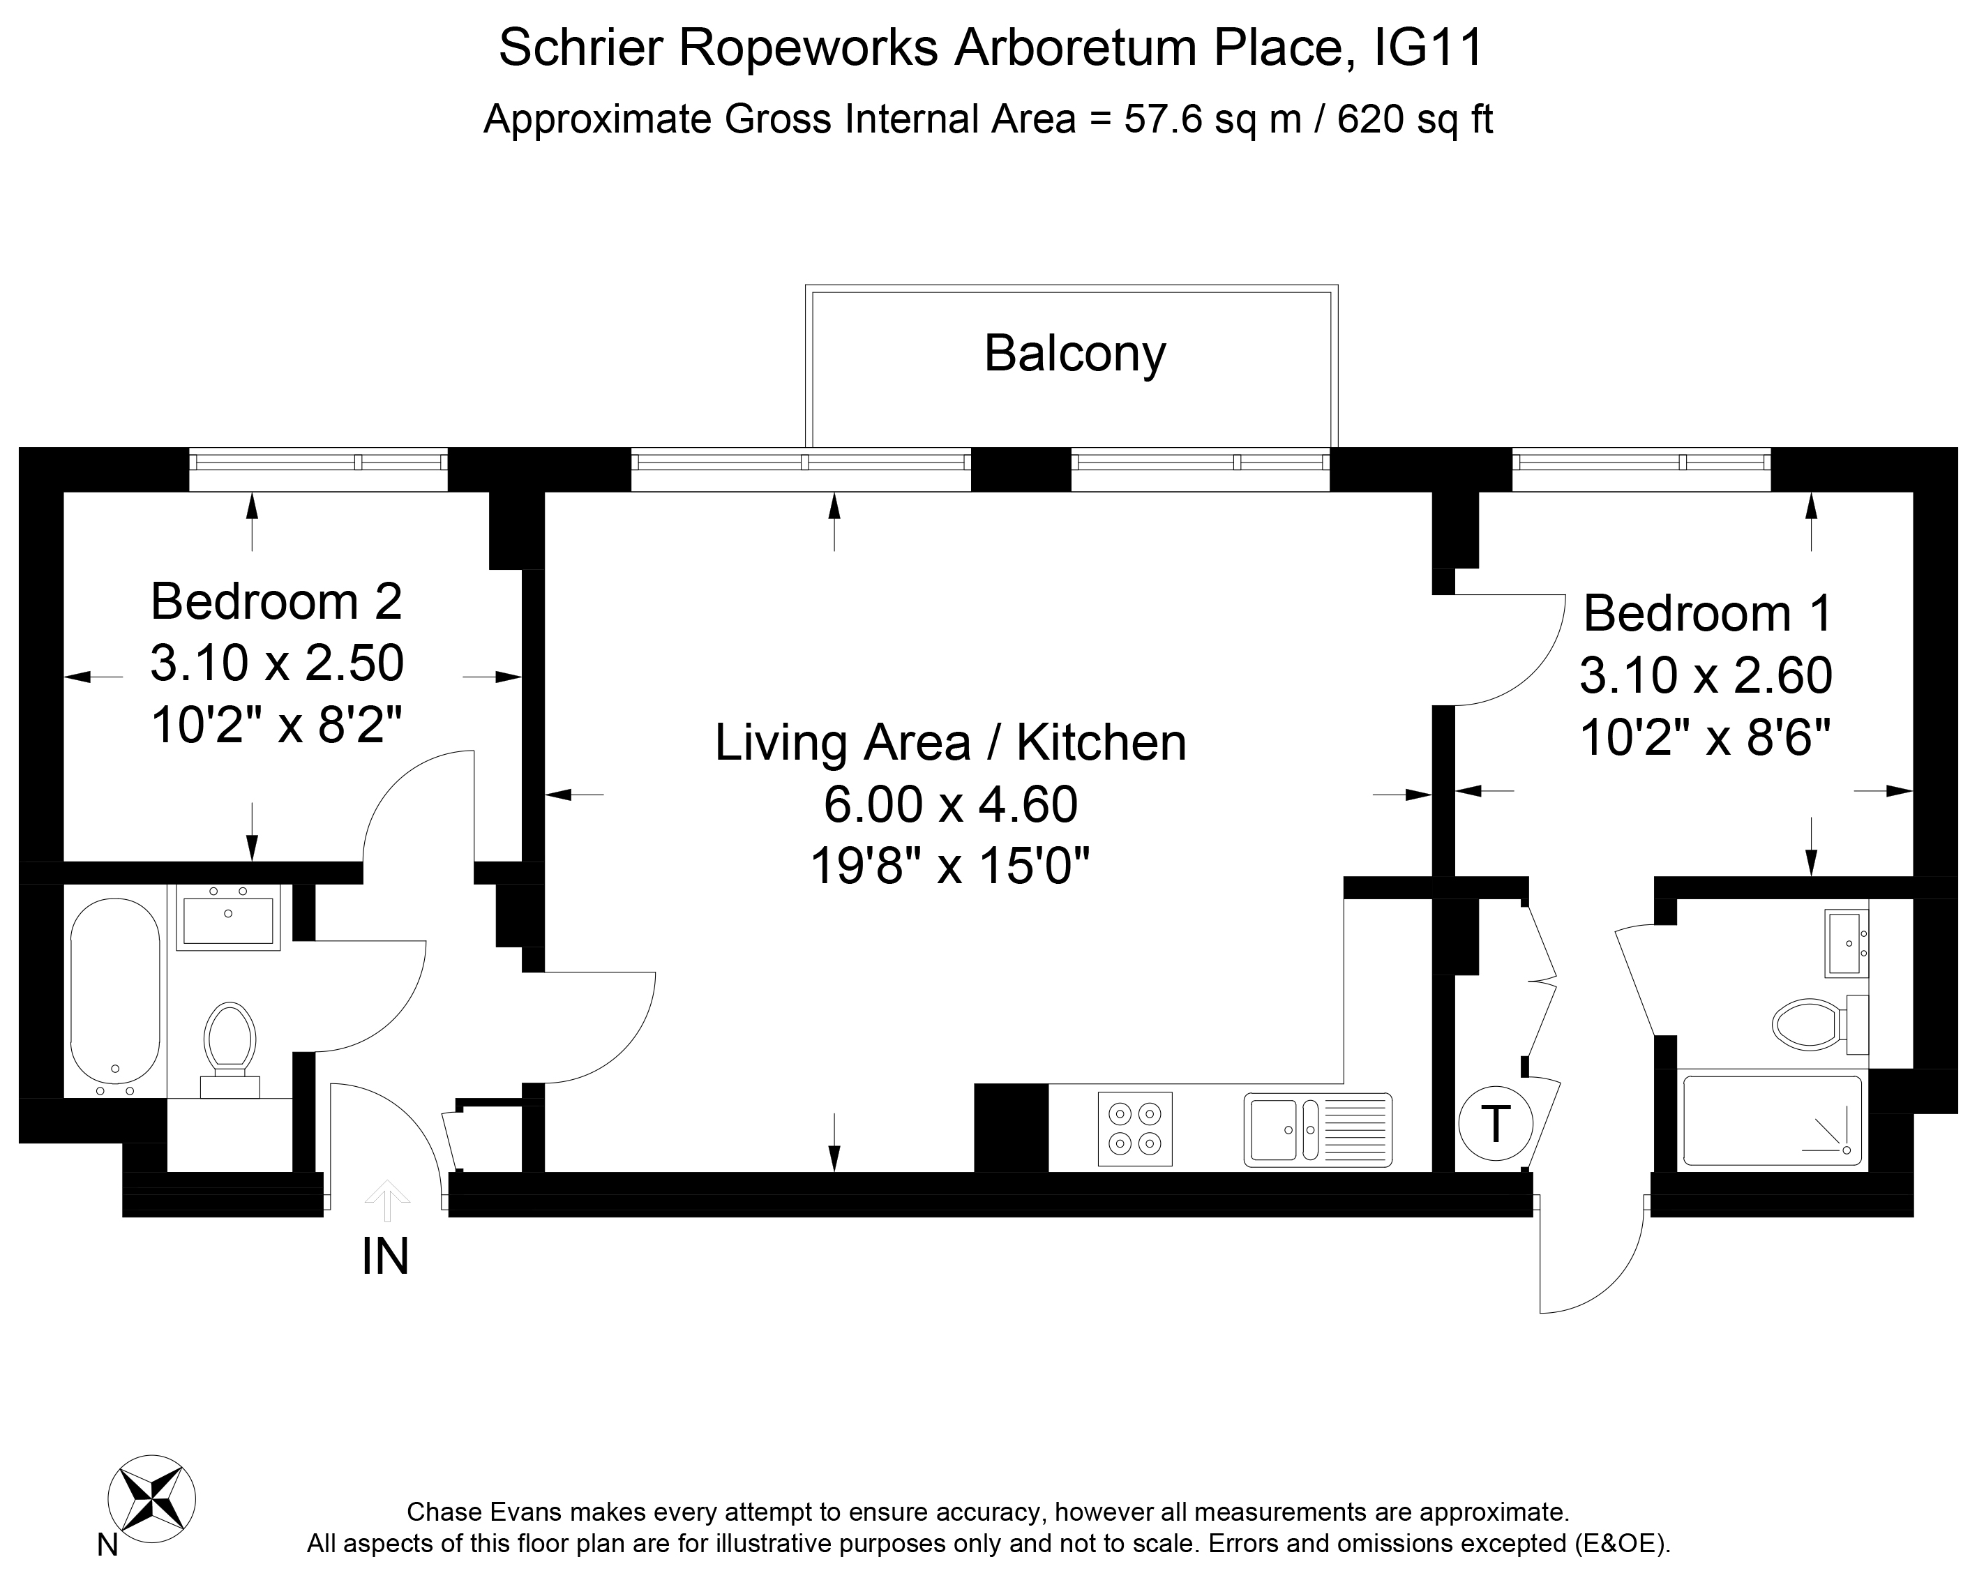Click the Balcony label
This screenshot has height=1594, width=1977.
[1074, 354]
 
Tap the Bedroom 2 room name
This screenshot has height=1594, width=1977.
[276, 601]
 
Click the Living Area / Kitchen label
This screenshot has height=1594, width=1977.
[950, 743]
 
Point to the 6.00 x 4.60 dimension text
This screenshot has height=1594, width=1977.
[950, 804]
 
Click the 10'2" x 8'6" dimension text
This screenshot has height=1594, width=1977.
[1705, 737]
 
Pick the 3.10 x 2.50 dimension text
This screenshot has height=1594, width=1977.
[276, 663]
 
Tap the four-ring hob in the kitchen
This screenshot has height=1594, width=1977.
[1135, 1129]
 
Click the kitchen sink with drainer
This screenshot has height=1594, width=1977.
[1318, 1129]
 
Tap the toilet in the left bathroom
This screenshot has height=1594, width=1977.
[230, 1048]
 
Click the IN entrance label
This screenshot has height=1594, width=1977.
[386, 1256]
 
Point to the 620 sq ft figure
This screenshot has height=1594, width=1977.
[1415, 119]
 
